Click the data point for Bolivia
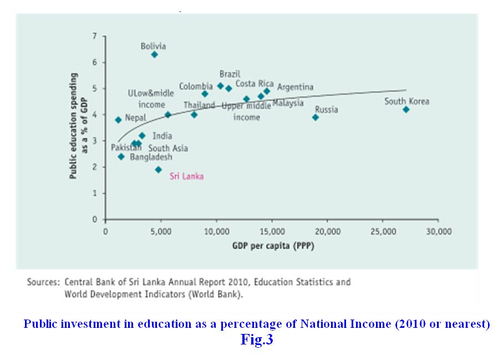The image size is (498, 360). click(154, 54)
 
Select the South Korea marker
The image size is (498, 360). click(406, 109)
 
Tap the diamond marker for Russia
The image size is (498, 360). click(316, 117)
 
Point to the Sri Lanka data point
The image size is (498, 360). click(158, 170)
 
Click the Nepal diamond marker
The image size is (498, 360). click(118, 120)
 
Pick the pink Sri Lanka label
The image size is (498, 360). click(186, 176)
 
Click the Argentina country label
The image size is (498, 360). click(295, 87)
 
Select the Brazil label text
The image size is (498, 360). click(230, 74)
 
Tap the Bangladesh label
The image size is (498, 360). click(151, 158)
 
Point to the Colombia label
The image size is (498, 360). click(196, 87)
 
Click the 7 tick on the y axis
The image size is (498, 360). click(95, 36)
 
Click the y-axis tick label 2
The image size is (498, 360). click(95, 167)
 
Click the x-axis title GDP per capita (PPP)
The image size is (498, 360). click(273, 246)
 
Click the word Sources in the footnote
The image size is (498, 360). click(43, 282)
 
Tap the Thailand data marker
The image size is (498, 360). click(194, 115)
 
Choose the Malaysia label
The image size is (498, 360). click(288, 103)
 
